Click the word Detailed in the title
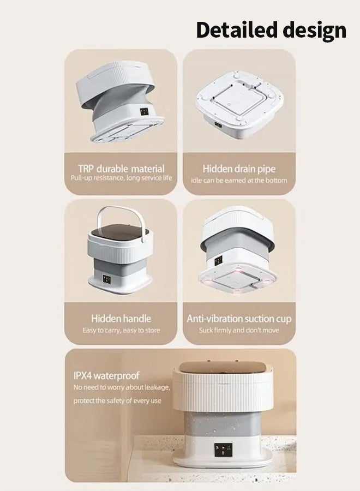coord(234,29)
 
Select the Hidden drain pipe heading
coord(238,169)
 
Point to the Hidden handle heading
coord(121,318)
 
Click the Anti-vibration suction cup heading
coord(239,319)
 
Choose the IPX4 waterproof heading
coord(106,375)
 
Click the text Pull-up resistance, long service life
coord(121,178)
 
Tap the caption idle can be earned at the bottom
coord(239,180)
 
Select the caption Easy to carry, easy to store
coord(121,330)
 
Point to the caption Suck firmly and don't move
coord(239,331)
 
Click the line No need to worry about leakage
coord(122,387)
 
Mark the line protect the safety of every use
coord(118,401)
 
